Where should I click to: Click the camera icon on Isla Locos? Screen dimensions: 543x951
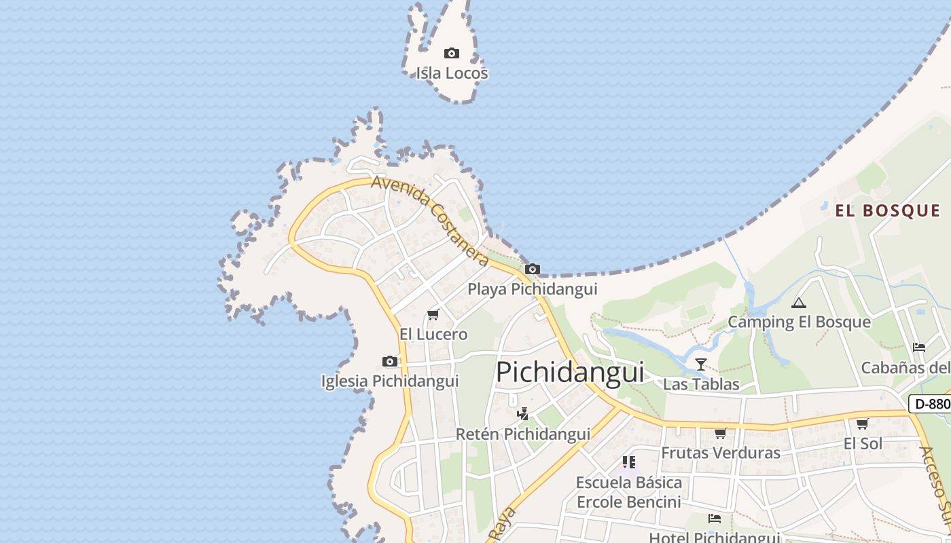[452, 53]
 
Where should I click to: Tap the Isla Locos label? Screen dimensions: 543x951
[452, 73]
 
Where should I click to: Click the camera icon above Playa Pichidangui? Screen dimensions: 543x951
[533, 269]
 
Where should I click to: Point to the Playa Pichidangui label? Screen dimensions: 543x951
[532, 289]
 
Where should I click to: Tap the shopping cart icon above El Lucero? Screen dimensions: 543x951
[433, 314]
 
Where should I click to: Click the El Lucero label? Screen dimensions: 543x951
[433, 334]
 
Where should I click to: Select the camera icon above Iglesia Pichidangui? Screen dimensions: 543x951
[390, 361]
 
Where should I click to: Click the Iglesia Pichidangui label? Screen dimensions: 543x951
[390, 381]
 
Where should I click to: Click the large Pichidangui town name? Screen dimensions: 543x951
[570, 372]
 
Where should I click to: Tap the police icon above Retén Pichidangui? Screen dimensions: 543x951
[522, 413]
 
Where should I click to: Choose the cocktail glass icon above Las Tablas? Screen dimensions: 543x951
[701, 364]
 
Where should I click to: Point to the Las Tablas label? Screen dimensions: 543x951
[701, 384]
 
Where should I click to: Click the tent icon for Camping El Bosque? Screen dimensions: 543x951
[799, 302]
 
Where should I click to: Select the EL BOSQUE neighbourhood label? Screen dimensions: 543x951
[888, 210]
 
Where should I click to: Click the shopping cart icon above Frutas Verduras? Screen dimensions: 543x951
[721, 433]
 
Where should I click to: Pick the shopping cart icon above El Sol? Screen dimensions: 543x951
[863, 424]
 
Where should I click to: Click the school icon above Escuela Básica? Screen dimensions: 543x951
[629, 462]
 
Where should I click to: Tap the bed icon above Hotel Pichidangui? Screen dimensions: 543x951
[715, 519]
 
